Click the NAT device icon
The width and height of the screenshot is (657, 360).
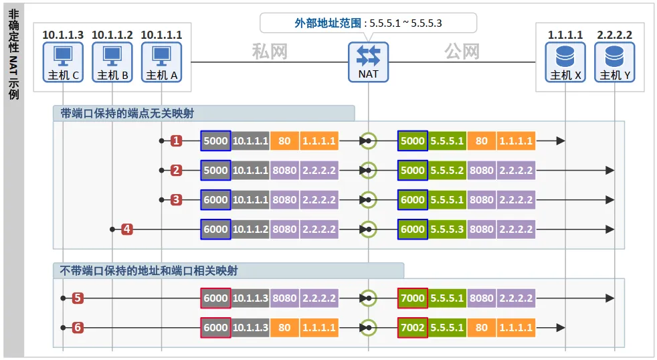368,62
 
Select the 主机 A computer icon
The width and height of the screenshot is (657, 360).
161,62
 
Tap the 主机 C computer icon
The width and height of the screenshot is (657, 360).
63,62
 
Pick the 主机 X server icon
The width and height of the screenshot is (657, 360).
565,62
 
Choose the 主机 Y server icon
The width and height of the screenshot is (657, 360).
614,62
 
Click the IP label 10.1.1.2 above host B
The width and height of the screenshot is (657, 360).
112,35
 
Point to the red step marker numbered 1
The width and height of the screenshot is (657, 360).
177,141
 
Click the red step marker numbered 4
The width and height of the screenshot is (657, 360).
127,230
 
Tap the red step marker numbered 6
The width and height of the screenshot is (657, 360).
78,327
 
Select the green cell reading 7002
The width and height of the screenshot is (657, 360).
413,327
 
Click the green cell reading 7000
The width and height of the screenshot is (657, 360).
413,298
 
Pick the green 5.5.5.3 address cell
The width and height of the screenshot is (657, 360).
447,230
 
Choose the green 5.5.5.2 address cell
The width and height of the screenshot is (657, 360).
447,170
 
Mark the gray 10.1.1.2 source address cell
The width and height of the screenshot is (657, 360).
250,230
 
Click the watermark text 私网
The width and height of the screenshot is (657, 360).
270,52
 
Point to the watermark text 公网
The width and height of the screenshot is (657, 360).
462,52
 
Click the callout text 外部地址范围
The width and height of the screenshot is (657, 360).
328,23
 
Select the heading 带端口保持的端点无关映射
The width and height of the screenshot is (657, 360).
127,113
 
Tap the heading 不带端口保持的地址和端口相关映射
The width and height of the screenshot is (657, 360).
149,271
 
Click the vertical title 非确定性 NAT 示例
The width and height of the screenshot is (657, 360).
14,54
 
